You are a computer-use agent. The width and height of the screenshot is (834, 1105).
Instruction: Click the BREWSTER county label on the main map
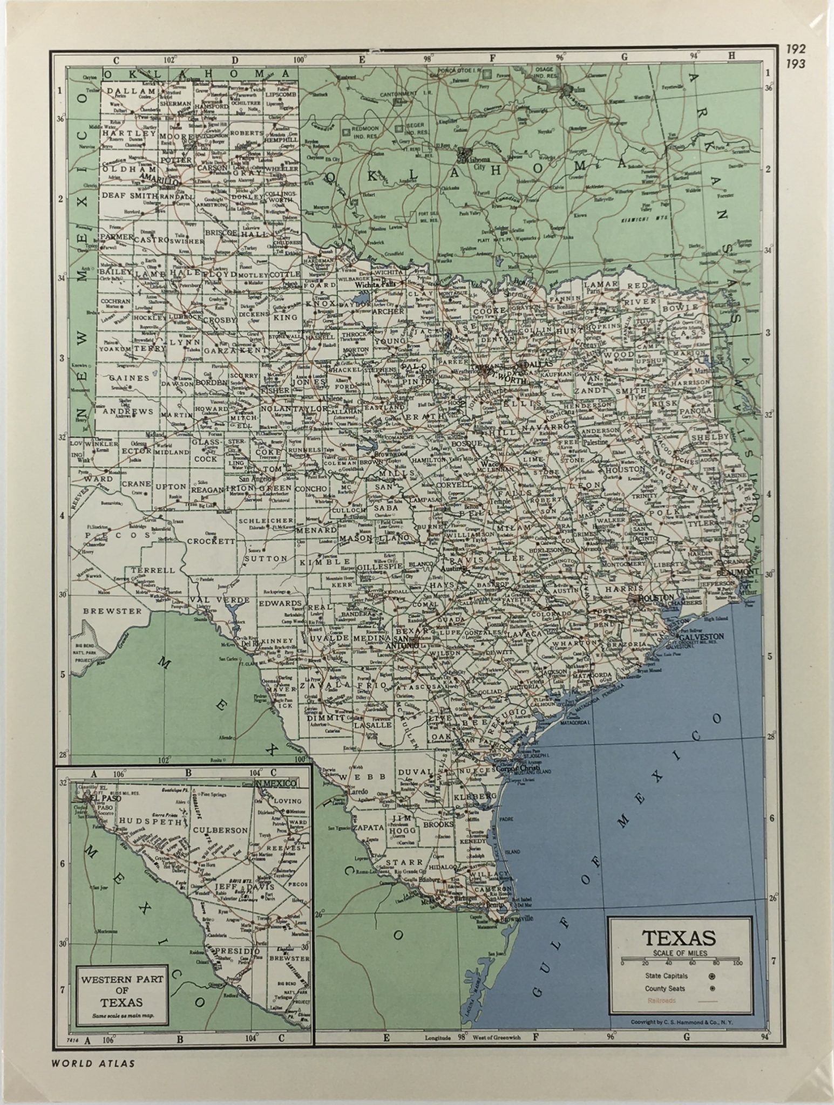tap(113, 611)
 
